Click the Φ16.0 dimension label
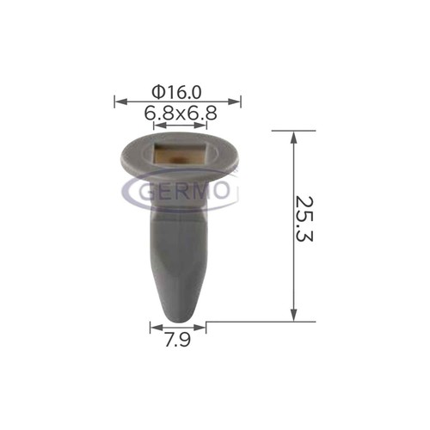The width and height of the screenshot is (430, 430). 177,92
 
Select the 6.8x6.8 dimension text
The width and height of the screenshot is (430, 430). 181,113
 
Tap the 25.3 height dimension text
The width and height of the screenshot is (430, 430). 304,219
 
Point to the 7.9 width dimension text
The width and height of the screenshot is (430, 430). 178,340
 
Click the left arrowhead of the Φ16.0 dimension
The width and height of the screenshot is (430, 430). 120,101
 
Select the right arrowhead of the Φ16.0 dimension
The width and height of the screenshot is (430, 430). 234,101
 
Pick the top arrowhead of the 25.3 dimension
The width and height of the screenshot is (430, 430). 293,137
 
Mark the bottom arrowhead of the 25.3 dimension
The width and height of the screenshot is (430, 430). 293,315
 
